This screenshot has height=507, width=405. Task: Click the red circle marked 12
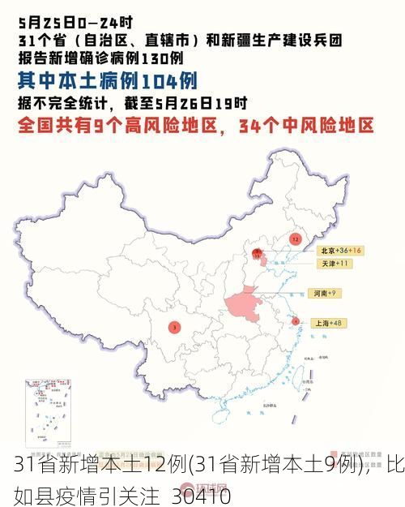295,239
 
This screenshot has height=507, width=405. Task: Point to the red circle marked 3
174,327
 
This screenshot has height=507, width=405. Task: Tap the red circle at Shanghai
296,321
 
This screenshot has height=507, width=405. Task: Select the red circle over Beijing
257,253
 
